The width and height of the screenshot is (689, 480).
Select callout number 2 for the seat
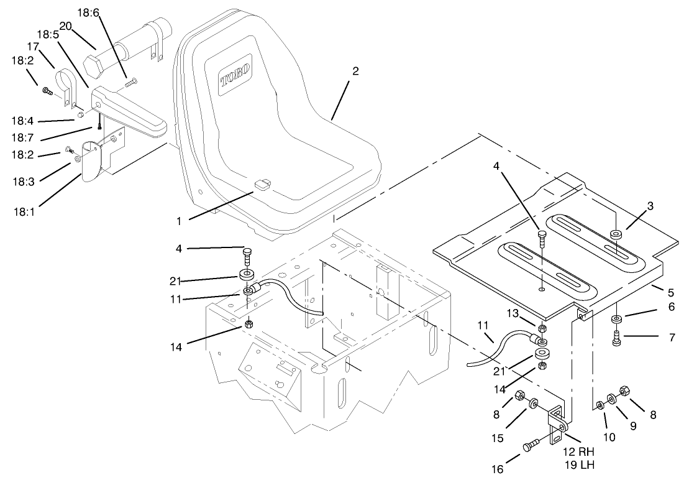point(355,72)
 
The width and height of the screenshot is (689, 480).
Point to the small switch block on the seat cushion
point(263,185)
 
